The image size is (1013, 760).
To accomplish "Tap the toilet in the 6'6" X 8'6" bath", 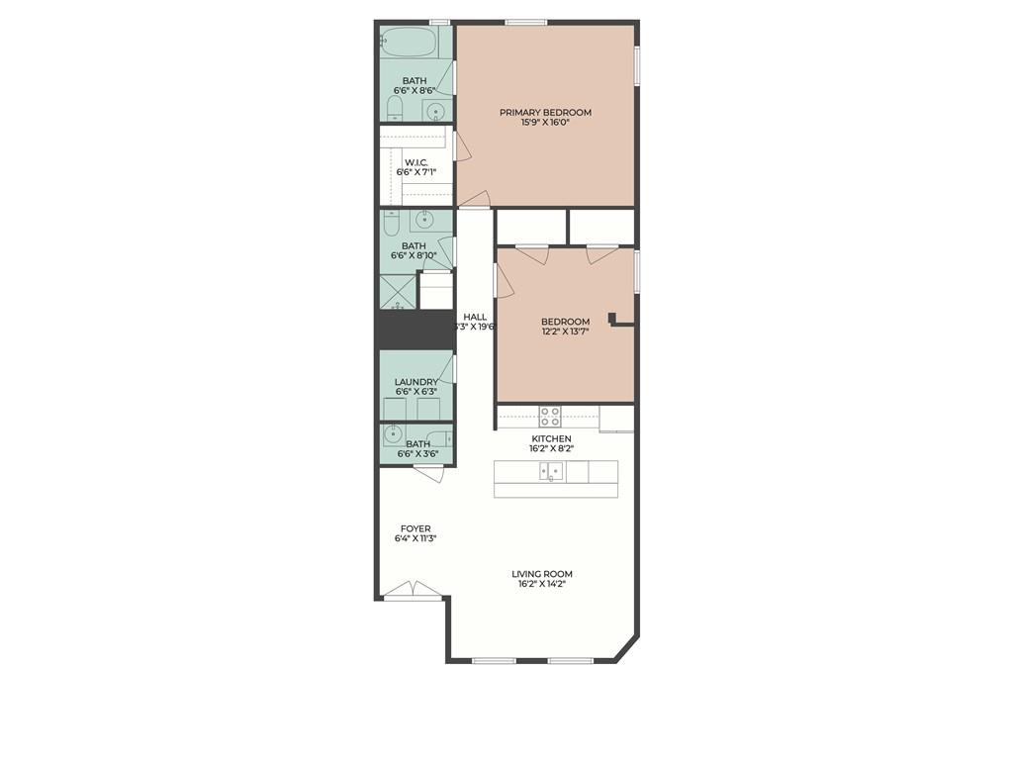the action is click(x=396, y=109).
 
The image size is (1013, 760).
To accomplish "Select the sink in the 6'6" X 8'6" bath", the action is click(x=436, y=112).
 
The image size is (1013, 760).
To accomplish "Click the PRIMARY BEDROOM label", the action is click(x=545, y=113).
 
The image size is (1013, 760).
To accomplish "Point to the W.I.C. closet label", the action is click(x=416, y=162).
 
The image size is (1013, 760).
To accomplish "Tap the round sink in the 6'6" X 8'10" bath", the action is click(x=424, y=221).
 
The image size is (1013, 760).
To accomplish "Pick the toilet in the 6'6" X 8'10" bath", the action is click(x=392, y=223).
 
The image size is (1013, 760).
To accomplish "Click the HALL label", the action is click(x=475, y=317).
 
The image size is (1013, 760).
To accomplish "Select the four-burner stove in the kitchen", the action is click(x=550, y=417).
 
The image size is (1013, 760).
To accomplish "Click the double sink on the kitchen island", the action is click(x=551, y=471).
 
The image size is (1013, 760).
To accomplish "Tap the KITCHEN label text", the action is click(x=551, y=438).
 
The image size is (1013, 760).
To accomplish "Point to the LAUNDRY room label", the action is click(x=416, y=382).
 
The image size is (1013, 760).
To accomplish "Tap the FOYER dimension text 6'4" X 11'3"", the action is click(x=416, y=537).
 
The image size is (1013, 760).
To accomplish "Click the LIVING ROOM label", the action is click(x=542, y=574).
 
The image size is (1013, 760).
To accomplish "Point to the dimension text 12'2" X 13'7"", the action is click(x=565, y=332).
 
